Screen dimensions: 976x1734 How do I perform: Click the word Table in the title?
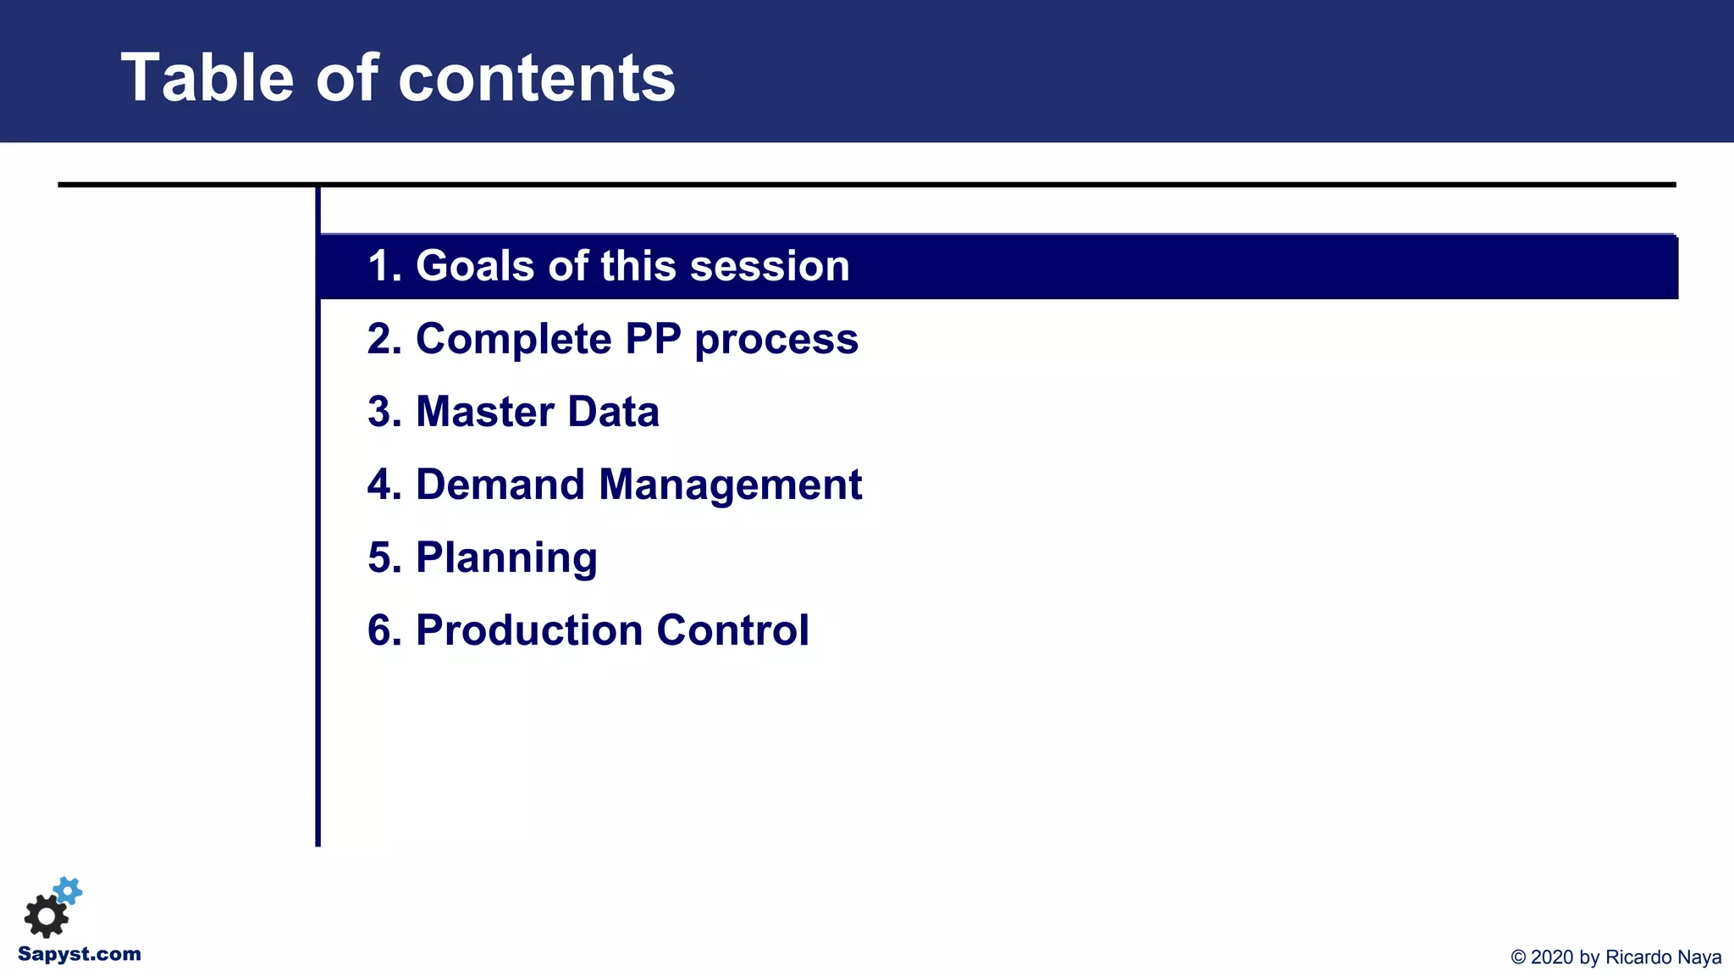tap(207, 78)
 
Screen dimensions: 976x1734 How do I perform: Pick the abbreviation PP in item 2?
tap(653, 339)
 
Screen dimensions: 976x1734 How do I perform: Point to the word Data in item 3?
tap(613, 412)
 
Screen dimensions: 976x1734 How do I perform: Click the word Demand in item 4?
tap(500, 485)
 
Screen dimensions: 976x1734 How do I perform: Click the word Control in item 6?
tap(732, 630)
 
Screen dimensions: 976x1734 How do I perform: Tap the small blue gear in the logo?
tap(68, 890)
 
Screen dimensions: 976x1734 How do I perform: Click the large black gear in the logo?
tap(46, 916)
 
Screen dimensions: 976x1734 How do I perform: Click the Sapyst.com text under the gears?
tap(80, 954)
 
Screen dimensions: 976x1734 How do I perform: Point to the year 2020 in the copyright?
tap(1552, 957)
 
